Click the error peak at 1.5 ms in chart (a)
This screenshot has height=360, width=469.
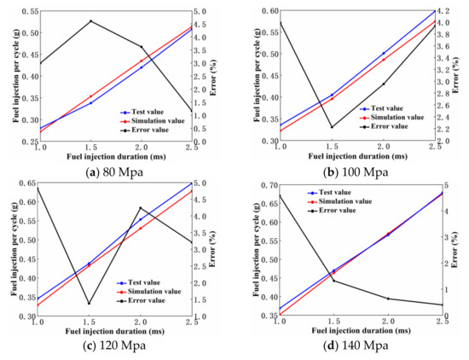point(90,21)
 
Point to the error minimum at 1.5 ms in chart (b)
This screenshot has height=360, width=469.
point(332,127)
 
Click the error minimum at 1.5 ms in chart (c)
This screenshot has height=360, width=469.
point(90,303)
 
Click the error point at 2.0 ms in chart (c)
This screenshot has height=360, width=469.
point(142,208)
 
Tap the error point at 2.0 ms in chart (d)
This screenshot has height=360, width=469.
point(388,299)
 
